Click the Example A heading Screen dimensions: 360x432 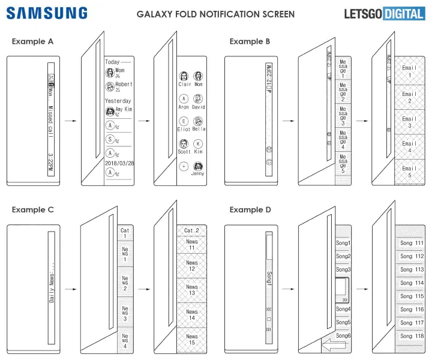(x=32, y=41)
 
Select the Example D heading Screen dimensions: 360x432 (x=250, y=209)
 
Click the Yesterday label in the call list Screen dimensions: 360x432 (x=118, y=101)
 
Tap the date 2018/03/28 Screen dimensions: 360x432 (x=118, y=163)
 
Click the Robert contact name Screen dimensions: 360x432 (x=124, y=85)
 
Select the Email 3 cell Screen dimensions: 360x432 (x=409, y=122)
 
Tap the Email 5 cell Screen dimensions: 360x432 (x=409, y=172)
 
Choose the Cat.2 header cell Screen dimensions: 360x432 (x=191, y=230)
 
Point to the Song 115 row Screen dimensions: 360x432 (x=411, y=296)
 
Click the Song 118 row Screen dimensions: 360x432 (x=411, y=336)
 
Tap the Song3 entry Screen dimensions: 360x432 (x=343, y=269)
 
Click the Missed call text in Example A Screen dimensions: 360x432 (x=50, y=120)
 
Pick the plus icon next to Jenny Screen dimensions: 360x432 (x=184, y=166)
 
